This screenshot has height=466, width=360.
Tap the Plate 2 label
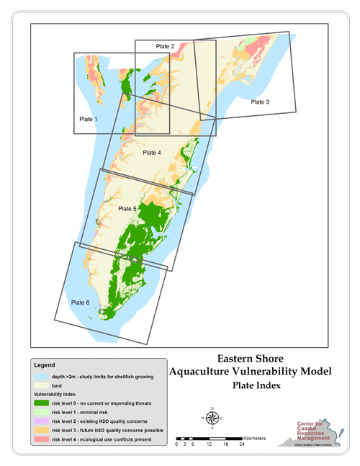[166, 46]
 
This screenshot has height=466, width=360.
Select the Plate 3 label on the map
[260, 102]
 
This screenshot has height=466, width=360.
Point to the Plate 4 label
[152, 153]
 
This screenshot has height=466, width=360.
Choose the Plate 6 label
[81, 303]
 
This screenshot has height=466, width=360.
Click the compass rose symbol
[212, 418]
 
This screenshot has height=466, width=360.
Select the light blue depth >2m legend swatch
[40, 377]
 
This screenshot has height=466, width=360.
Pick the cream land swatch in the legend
[40, 386]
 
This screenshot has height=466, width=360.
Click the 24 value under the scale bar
[243, 444]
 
